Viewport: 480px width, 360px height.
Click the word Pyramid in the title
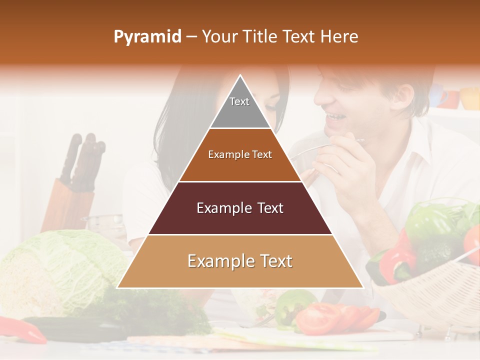tap(147, 37)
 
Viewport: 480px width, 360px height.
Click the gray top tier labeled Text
tap(239, 107)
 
